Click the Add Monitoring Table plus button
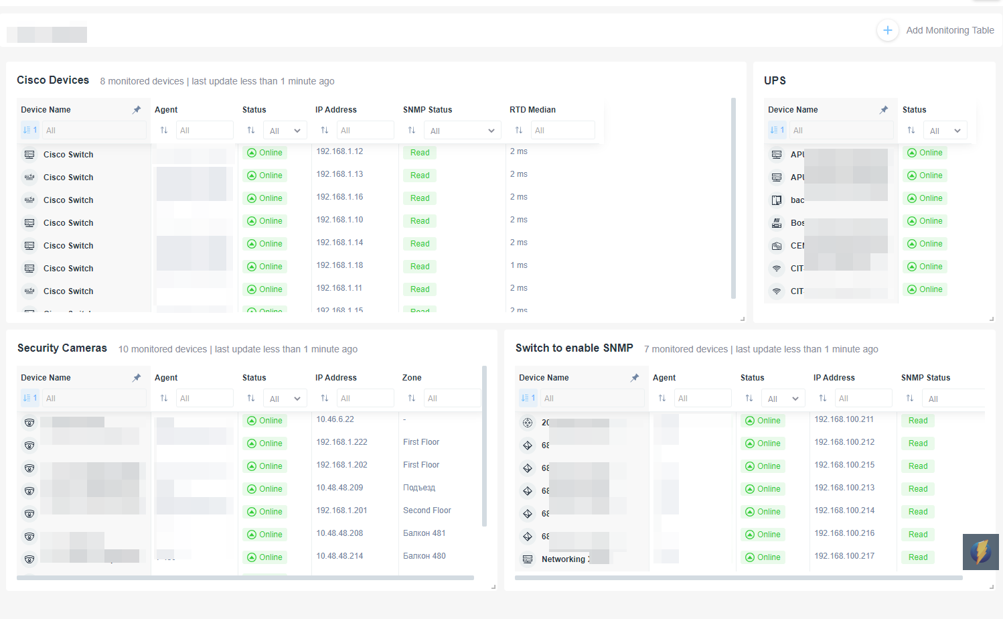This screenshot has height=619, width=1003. pyautogui.click(x=887, y=30)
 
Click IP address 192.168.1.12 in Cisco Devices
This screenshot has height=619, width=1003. pyautogui.click(x=339, y=151)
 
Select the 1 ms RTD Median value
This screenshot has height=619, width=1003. pyautogui.click(x=519, y=265)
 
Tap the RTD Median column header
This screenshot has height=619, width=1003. pyautogui.click(x=532, y=110)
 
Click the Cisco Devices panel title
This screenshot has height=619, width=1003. pyautogui.click(x=53, y=80)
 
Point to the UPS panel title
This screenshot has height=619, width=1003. pyautogui.click(x=775, y=80)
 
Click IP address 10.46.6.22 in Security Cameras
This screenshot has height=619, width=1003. pyautogui.click(x=335, y=419)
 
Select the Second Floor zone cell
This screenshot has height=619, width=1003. pyautogui.click(x=427, y=510)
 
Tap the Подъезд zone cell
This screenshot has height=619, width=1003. pyautogui.click(x=419, y=488)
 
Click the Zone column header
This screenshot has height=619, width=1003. pyautogui.click(x=412, y=378)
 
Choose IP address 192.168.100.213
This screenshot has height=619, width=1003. pyautogui.click(x=844, y=488)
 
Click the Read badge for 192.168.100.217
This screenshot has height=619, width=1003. pyautogui.click(x=918, y=557)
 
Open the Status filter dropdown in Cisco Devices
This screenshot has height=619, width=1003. pyautogui.click(x=285, y=131)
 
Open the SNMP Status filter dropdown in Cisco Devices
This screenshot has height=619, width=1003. pyautogui.click(x=463, y=131)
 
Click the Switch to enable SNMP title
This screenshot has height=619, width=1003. pyautogui.click(x=574, y=348)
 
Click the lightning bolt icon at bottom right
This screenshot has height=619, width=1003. pyautogui.click(x=980, y=552)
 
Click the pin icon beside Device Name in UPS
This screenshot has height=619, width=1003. pyautogui.click(x=884, y=110)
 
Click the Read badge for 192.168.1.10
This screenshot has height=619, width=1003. pyautogui.click(x=420, y=221)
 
